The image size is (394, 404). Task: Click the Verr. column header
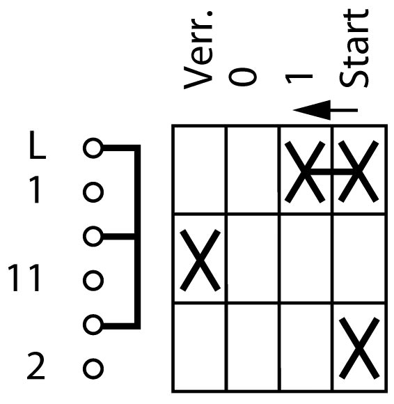pos(198,50)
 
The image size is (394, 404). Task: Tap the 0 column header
pos(242,77)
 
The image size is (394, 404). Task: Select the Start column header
pos(354,49)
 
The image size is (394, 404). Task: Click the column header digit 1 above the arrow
pos(299,78)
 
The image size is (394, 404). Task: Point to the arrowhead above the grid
pos(312,110)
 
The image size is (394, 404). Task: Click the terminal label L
pos(38,146)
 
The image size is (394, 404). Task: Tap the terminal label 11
pos(24,278)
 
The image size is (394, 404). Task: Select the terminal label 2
pos(36,366)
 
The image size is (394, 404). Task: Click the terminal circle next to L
pos(93,148)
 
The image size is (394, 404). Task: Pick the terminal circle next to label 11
pos(93,280)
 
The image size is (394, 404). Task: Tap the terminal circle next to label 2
pos(93,368)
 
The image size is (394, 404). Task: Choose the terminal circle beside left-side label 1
pos(93,192)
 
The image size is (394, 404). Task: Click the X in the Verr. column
pos(200,261)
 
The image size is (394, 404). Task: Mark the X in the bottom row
pos(359,348)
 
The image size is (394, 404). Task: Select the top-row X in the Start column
pos(358,171)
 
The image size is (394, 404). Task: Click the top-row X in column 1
pos(305,171)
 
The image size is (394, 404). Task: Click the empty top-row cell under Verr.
pos(200,170)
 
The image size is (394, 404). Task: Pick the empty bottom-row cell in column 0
pos(253,347)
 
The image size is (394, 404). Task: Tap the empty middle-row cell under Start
pos(359,258)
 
